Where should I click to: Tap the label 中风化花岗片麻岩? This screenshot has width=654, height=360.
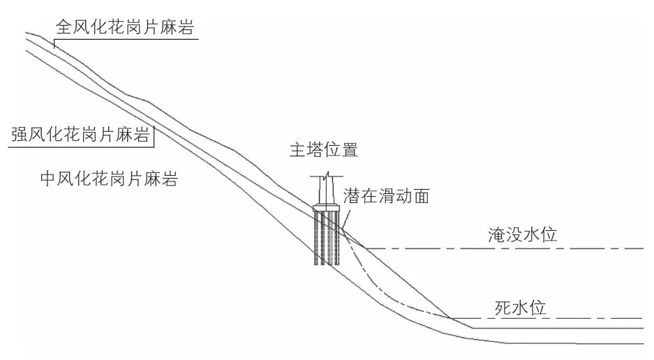click(x=108, y=179)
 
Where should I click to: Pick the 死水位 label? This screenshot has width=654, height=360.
click(x=519, y=308)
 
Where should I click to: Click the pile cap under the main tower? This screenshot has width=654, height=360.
click(x=328, y=208)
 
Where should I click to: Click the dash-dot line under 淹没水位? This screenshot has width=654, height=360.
click(x=503, y=248)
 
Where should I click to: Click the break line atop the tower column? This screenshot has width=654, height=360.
click(x=328, y=175)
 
